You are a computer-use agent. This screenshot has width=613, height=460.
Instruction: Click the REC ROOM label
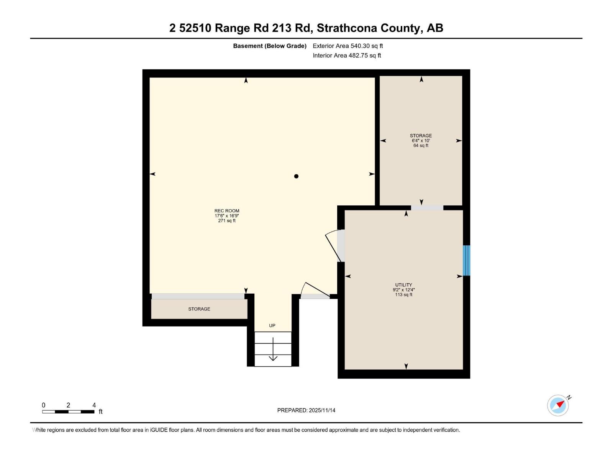(x=227, y=211)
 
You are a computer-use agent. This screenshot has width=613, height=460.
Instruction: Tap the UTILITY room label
(x=403, y=285)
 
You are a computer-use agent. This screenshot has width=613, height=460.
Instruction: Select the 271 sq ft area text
(x=227, y=221)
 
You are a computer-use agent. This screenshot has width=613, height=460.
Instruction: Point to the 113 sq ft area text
(x=403, y=295)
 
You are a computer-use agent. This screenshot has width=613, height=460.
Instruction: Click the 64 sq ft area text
(x=421, y=146)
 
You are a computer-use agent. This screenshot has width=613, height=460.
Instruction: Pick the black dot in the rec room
(x=296, y=176)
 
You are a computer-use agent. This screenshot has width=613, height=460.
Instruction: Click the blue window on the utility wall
(x=466, y=260)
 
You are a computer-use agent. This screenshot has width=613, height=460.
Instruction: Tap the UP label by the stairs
(x=272, y=325)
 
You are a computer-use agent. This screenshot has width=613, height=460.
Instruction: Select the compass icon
(x=558, y=405)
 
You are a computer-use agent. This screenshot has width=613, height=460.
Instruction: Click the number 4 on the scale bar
(x=94, y=405)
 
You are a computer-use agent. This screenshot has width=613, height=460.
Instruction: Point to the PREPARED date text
(x=306, y=410)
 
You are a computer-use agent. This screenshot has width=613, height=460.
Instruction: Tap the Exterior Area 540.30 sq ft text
(x=347, y=46)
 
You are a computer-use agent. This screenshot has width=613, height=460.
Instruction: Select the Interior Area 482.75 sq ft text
(x=347, y=56)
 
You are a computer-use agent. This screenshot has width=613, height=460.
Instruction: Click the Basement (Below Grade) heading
(x=270, y=46)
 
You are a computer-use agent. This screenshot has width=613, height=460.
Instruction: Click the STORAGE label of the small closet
(x=199, y=309)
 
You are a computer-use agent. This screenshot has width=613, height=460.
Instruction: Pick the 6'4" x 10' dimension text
(x=421, y=141)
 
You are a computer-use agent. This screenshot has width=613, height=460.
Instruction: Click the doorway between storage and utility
(x=427, y=208)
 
